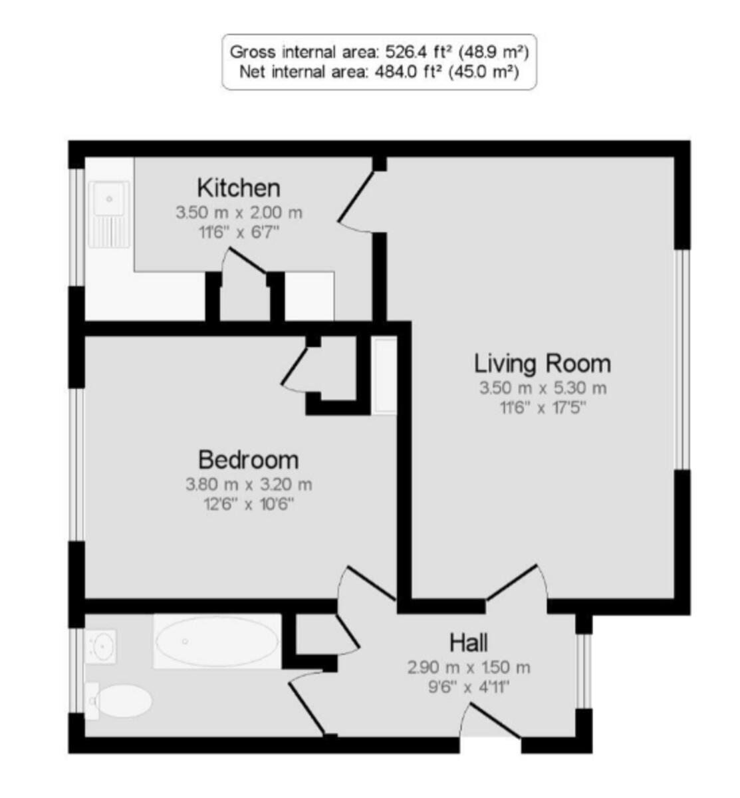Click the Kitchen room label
(x=239, y=188)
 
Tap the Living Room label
(x=542, y=364)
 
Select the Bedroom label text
(x=248, y=460)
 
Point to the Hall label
(x=469, y=643)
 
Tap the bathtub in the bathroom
(x=216, y=642)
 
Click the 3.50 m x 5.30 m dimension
(x=543, y=388)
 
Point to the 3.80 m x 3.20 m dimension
(x=248, y=484)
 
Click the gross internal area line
(x=378, y=51)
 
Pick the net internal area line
(x=378, y=71)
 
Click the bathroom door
(x=309, y=705)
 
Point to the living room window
(x=680, y=359)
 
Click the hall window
(x=583, y=670)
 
